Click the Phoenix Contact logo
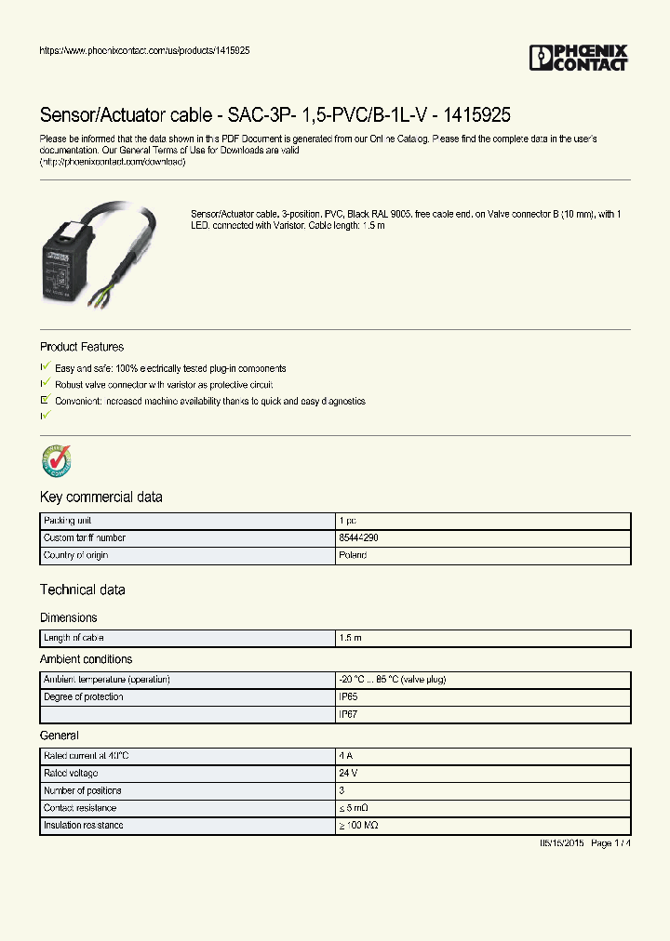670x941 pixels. [x=579, y=58]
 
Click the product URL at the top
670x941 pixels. [x=144, y=49]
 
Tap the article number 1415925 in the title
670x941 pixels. [x=476, y=115]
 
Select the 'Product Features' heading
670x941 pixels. [x=82, y=347]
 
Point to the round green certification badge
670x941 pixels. [x=57, y=460]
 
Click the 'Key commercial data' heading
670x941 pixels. [x=101, y=497]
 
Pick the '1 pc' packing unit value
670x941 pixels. [x=348, y=521]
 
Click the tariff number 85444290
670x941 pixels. [x=358, y=538]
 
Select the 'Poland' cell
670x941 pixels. [x=353, y=555]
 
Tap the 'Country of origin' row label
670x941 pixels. [x=75, y=555]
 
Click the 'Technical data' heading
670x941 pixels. [x=83, y=590]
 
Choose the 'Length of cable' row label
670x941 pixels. [x=74, y=638]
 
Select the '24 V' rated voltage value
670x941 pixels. [x=349, y=774]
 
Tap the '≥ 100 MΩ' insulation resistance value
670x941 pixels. [x=358, y=826]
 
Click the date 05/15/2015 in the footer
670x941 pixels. [x=561, y=842]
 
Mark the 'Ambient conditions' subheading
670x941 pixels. [x=87, y=659]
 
